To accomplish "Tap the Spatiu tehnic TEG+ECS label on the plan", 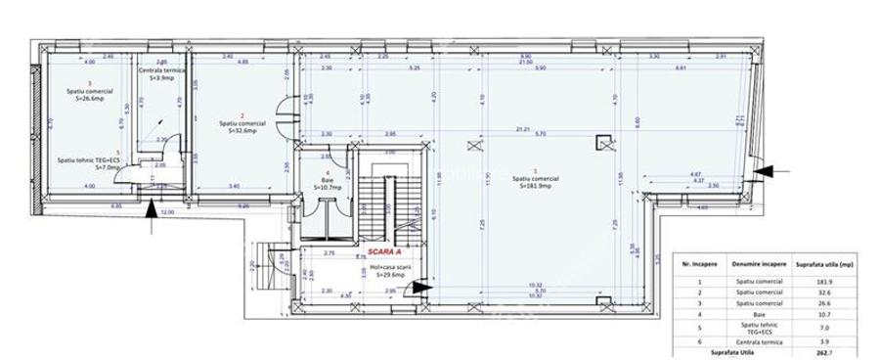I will tap(88, 160).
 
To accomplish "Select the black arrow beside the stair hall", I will tap(420, 288).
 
